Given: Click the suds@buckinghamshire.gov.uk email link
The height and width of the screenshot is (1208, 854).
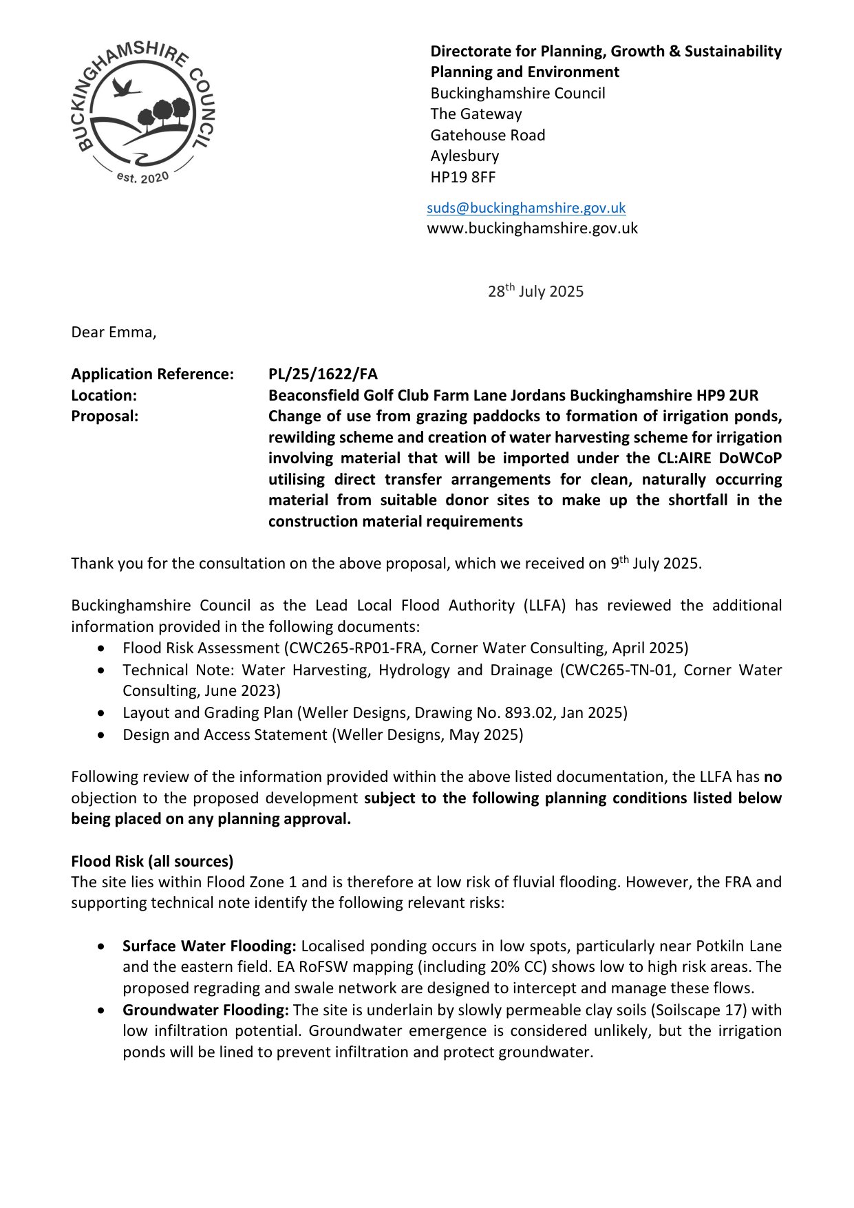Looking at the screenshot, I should pos(526,208).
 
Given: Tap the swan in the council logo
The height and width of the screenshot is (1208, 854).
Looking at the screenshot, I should pos(125,87).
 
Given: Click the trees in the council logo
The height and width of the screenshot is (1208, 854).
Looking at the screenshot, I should pos(166,114).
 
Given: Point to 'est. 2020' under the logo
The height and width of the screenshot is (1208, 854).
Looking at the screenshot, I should pos(142,178).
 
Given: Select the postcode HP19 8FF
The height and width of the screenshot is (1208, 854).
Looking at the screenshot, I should pos(462,177).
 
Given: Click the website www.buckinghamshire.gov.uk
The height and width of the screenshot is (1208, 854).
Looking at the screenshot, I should pos(532,229).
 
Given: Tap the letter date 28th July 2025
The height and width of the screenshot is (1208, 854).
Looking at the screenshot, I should pos(535,291).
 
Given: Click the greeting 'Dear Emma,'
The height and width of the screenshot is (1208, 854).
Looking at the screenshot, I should pos(114,332).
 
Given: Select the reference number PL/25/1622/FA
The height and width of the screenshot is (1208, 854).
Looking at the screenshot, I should pos(323,374).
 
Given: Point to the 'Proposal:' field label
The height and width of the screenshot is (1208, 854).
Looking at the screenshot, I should pos(105,416).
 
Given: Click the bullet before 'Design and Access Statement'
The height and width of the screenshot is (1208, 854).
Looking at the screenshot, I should pos(102,735).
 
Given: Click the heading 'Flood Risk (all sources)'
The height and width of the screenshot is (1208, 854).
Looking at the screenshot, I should pos(152,861).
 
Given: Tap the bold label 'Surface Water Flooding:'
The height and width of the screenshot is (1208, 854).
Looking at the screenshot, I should pos(209,946).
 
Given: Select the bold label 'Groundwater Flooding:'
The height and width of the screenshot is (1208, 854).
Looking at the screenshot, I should pos(206,1010).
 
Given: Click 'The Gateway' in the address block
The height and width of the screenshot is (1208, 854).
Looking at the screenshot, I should pos(476,114).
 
